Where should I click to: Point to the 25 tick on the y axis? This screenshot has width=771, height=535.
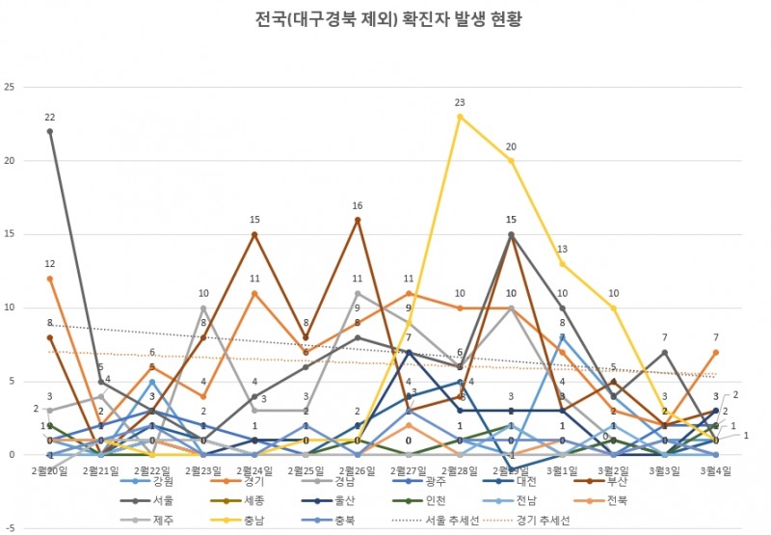11,88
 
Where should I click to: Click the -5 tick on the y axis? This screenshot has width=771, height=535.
11,528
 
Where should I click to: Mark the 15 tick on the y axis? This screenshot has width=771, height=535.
11,234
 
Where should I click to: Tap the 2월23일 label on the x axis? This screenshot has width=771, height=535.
203,469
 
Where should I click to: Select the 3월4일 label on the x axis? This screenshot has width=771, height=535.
715,469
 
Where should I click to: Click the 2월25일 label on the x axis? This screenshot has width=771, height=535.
306,469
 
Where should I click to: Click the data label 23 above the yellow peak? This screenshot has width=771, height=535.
460,102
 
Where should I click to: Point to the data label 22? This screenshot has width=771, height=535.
49,117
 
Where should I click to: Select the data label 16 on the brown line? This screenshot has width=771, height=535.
357,205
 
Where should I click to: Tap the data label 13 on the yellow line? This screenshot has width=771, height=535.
562,249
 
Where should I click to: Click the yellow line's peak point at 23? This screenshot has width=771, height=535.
460,117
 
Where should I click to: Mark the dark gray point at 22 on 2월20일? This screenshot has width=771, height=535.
49,131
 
